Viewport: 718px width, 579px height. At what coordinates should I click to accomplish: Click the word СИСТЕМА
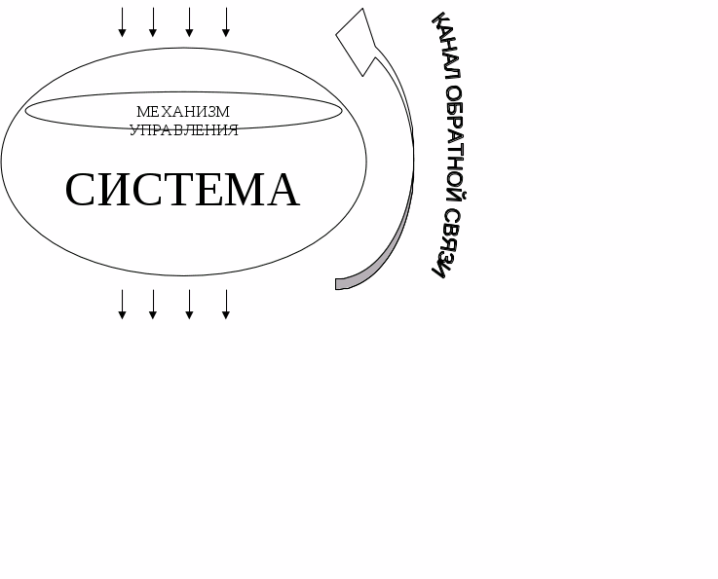[x=182, y=190]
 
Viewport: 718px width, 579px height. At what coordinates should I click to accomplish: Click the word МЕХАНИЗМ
[x=183, y=112]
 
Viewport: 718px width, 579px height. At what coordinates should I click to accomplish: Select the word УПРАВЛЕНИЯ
[x=183, y=130]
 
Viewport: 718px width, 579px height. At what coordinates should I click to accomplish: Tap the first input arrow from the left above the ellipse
[x=122, y=22]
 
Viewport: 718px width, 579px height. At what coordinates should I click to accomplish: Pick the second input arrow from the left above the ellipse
[x=153, y=22]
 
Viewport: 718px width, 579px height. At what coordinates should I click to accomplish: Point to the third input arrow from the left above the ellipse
[x=189, y=22]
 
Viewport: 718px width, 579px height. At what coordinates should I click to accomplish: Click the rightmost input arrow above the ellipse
[x=226, y=22]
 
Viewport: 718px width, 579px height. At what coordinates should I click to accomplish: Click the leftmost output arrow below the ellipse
[x=122, y=304]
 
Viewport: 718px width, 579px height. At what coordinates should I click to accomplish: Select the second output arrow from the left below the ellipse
[x=153, y=304]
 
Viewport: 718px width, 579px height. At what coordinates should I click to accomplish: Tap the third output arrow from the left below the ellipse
[x=189, y=304]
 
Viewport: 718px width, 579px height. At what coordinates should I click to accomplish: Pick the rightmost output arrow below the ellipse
[x=226, y=304]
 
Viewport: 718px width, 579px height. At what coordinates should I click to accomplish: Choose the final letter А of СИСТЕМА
[x=283, y=190]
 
